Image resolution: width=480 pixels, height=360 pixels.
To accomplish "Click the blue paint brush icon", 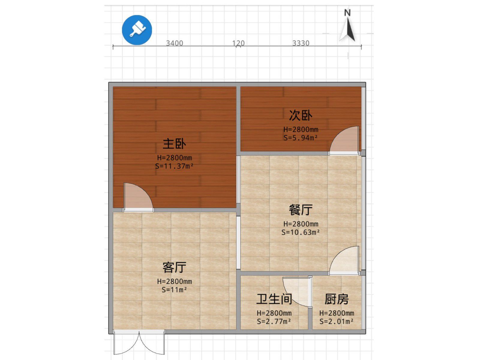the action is point(137,30).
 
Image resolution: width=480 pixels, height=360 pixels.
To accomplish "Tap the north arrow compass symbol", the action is point(347,25).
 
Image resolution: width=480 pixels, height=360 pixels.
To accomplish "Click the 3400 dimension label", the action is point(175,43).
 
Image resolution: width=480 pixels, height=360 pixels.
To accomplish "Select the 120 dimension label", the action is point(238,43).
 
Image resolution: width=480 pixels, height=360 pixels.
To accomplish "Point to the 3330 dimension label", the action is point(301,43).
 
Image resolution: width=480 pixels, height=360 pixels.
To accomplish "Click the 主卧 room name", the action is point(175,144).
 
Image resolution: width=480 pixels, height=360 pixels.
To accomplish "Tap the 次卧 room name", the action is point(301,115).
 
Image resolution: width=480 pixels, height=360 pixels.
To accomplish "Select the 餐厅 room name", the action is point(301,210).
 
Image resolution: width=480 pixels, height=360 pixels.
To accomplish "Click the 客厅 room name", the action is point(175,267).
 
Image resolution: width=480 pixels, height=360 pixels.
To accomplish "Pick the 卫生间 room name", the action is point(274,299).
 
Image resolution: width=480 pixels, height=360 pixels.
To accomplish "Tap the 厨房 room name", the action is point(337,299).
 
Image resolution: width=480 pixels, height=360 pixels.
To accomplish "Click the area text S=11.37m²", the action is point(174,166).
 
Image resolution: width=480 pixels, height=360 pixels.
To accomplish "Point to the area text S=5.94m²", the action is point(301,138).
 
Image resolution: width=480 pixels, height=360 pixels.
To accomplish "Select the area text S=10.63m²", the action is point(301,232).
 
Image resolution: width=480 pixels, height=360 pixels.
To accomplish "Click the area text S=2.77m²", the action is point(274,321).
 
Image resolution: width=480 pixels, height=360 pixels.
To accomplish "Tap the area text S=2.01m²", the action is point(337,321).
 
